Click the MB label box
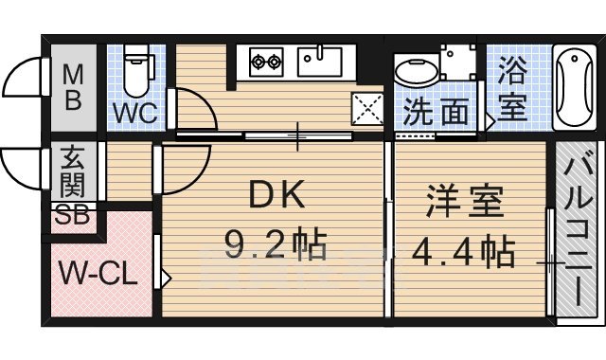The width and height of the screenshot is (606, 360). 72,85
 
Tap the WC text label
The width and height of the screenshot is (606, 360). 135,113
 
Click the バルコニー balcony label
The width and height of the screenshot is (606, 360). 577,232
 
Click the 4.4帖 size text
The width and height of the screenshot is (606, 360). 463,252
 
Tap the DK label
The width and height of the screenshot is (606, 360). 276,196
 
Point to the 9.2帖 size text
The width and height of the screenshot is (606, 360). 275,246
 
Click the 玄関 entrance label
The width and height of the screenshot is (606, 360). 73,171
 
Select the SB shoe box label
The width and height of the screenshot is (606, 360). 73,215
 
